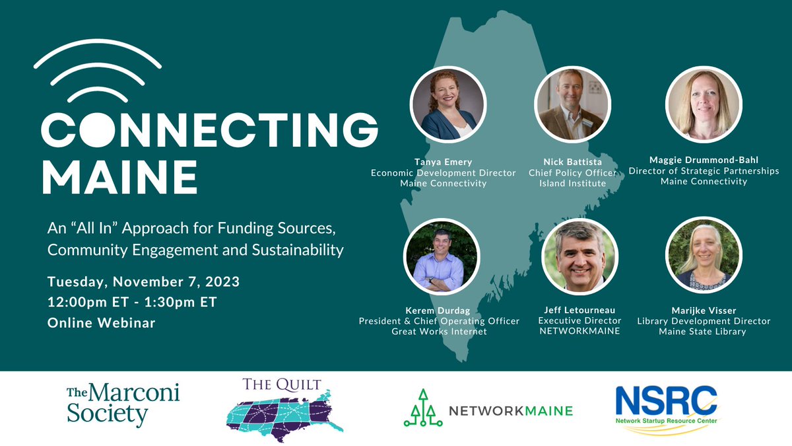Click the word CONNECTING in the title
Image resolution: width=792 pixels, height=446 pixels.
pos(210,130)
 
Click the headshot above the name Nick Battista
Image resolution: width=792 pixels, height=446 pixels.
pos(572,104)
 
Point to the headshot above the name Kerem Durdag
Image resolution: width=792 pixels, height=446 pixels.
pos(439,258)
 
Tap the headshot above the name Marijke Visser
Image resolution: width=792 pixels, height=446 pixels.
pos(702,256)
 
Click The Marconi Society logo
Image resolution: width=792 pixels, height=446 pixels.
pos(123,404)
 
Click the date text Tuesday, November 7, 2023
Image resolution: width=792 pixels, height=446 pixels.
pos(143,282)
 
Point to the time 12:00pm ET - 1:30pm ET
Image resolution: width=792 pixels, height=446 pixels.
pos(132,303)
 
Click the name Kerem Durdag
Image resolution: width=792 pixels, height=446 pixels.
pos(439,310)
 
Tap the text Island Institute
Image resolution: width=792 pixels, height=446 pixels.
pos(572,183)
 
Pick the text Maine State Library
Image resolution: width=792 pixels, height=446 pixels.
pos(702,332)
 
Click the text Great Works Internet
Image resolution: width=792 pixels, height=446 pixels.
pos(439,332)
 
